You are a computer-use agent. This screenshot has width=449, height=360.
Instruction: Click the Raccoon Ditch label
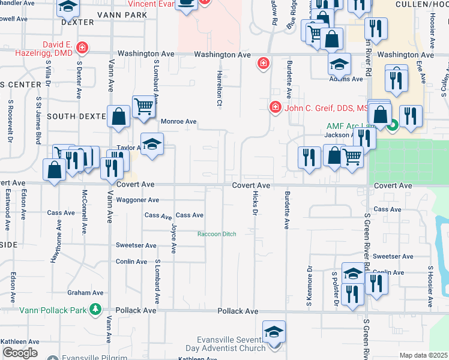tap(217, 234)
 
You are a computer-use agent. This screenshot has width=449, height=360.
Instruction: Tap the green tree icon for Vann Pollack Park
tap(95, 310)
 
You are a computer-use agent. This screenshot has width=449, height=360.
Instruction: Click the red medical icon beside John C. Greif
tap(275, 107)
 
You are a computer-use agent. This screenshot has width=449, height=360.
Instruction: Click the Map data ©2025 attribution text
tap(423, 355)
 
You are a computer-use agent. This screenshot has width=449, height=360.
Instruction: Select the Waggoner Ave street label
tap(137, 200)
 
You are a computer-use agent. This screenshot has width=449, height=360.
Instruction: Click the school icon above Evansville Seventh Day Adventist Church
tap(274, 331)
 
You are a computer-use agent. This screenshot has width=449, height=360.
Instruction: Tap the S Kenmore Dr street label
tap(310, 286)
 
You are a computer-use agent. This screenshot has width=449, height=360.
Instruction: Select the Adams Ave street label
tap(346, 79)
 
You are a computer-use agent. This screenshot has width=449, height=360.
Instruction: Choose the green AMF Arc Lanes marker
tap(393, 125)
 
